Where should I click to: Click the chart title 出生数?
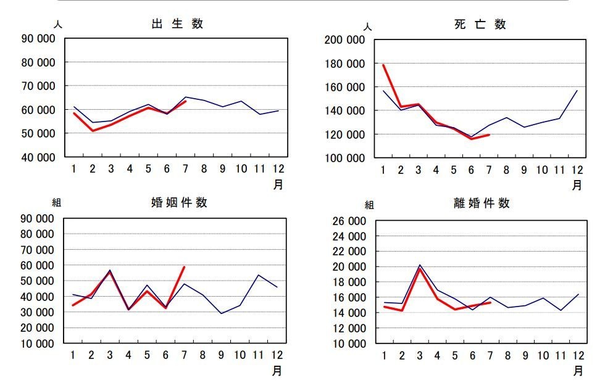point(177,24)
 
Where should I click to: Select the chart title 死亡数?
point(480,25)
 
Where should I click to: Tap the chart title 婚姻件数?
point(179,202)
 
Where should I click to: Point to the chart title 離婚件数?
point(482,203)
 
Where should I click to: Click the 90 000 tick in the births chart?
point(38,39)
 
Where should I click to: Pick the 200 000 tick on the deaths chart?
point(344,40)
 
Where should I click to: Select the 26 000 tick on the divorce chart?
point(349,221)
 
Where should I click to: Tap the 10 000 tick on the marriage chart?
point(38,344)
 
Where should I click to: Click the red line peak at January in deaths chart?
point(383,65)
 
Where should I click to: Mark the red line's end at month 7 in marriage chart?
point(184,267)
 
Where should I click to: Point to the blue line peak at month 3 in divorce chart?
point(419,265)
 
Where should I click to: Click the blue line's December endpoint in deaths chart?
point(577,91)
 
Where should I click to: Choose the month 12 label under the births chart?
point(278,169)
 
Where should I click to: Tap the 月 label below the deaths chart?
point(577,185)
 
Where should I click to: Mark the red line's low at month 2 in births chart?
point(93,130)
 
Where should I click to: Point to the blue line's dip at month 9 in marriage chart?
point(222,313)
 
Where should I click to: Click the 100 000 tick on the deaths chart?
point(344,158)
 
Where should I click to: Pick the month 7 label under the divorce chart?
point(490,355)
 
